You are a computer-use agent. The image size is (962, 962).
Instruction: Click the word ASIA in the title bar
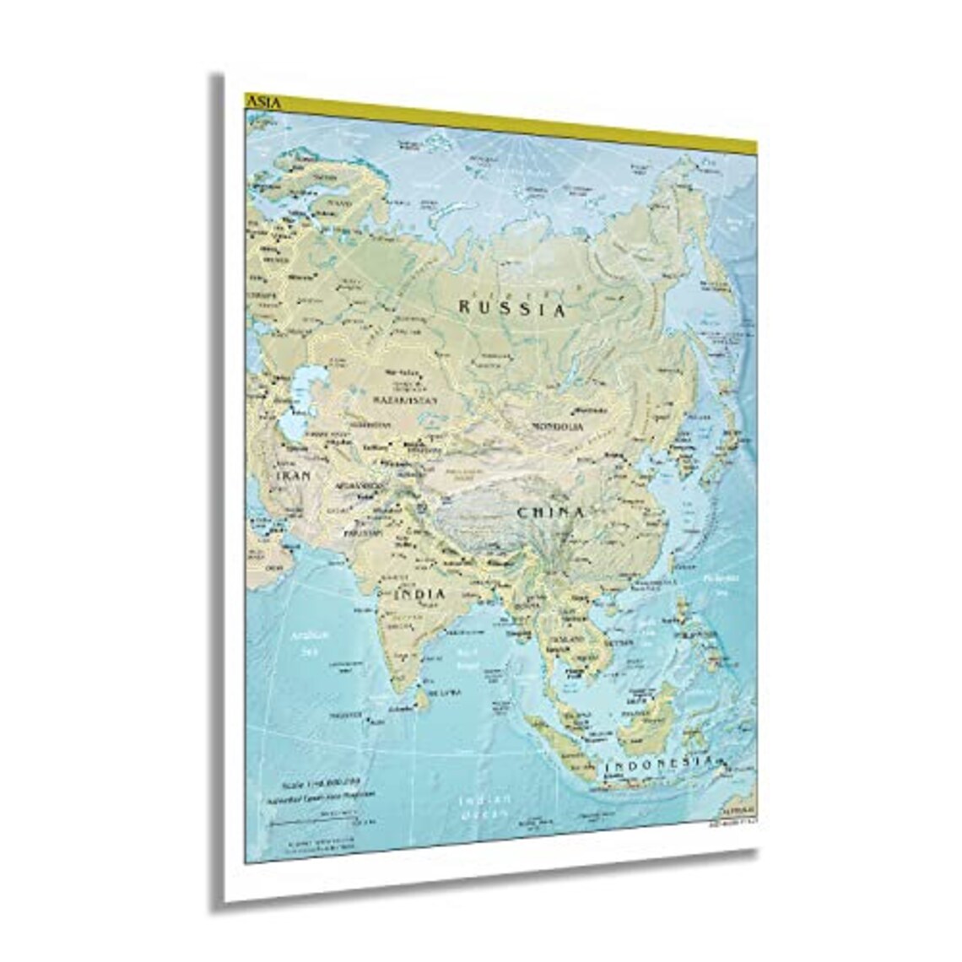click(261, 102)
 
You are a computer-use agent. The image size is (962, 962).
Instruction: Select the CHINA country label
click(551, 512)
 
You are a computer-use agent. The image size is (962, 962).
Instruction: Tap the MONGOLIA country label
click(557, 427)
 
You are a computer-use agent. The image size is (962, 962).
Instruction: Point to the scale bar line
click(326, 817)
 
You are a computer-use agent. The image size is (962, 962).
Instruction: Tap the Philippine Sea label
click(721, 583)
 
